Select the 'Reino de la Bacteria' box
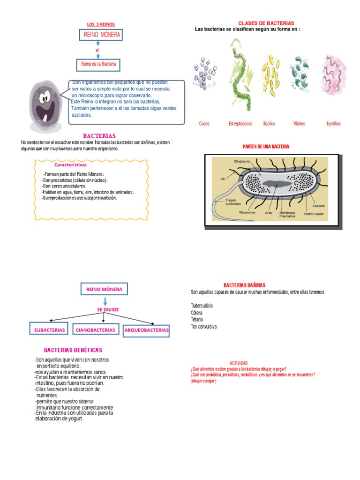(x=98, y=64)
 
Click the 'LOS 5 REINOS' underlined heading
(x=101, y=24)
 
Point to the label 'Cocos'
(x=204, y=124)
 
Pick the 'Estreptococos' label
(x=240, y=124)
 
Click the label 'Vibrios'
(x=299, y=124)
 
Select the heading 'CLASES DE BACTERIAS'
(x=266, y=23)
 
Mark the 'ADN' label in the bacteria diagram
(x=269, y=212)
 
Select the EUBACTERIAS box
(x=50, y=330)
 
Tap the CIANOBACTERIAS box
(x=95, y=330)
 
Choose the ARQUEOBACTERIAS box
(x=146, y=330)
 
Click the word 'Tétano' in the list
(x=197, y=319)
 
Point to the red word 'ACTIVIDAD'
(x=239, y=363)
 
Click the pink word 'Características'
(x=70, y=165)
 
